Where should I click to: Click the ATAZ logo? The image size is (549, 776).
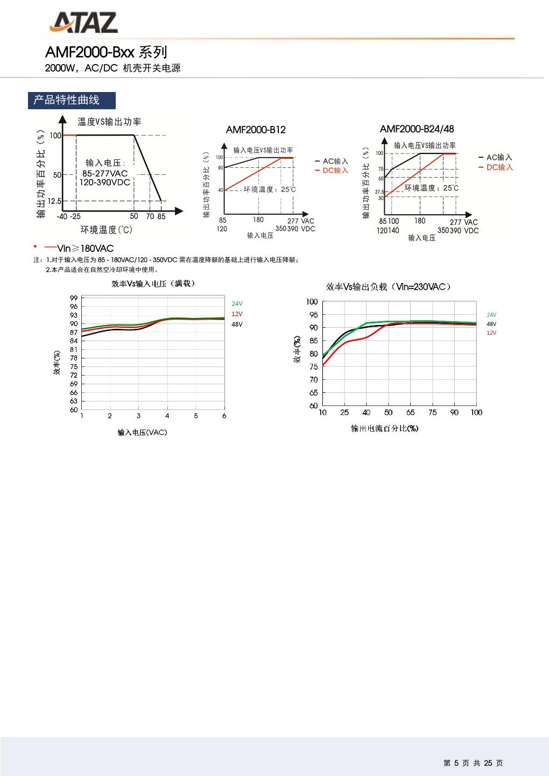pyautogui.click(x=84, y=23)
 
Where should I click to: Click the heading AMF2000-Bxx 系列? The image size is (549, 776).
pyautogui.click(x=106, y=52)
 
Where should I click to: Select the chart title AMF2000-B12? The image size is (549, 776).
pyautogui.click(x=256, y=130)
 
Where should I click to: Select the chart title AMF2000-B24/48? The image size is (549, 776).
pyautogui.click(x=417, y=129)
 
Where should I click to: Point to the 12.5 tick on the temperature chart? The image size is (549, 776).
pyautogui.click(x=54, y=201)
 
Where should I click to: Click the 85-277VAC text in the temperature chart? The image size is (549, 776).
pyautogui.click(x=105, y=173)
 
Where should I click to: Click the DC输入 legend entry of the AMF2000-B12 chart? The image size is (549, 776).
pyautogui.click(x=335, y=171)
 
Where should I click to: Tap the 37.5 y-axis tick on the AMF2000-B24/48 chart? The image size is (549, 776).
pyautogui.click(x=379, y=192)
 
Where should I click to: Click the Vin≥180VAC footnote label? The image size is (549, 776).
pyautogui.click(x=85, y=248)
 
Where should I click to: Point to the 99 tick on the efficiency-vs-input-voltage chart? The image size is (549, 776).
pyautogui.click(x=74, y=298)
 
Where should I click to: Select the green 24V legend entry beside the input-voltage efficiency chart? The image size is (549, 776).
pyautogui.click(x=237, y=304)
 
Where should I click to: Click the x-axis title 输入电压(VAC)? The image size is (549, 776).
pyautogui.click(x=142, y=433)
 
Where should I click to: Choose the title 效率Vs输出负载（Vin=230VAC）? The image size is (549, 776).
pyautogui.click(x=388, y=287)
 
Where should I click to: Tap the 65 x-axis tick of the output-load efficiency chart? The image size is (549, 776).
pyautogui.click(x=410, y=413)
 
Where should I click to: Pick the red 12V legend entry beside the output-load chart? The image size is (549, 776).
pyautogui.click(x=491, y=333)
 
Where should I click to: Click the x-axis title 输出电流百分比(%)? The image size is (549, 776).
pyautogui.click(x=384, y=428)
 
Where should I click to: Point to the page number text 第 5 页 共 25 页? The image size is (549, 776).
pyautogui.click(x=473, y=763)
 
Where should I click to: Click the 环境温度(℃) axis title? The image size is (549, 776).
pyautogui.click(x=106, y=230)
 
